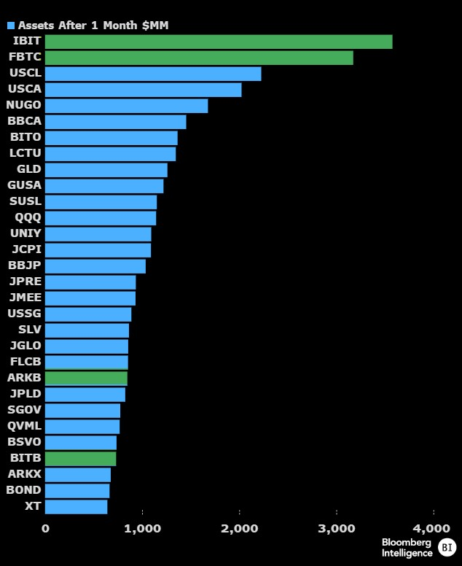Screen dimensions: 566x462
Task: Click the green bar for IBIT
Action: (x=219, y=42)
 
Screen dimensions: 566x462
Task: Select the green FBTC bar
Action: (x=199, y=58)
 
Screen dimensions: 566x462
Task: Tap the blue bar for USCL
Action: (x=153, y=74)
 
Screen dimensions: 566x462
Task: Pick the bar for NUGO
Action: (x=126, y=106)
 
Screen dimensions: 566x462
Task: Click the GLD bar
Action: (x=106, y=170)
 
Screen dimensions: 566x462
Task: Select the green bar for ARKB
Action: (x=86, y=378)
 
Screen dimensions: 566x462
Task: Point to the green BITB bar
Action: (x=80, y=458)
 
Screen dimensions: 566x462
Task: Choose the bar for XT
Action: (x=76, y=506)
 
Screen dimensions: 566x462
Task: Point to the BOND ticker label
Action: (x=23, y=490)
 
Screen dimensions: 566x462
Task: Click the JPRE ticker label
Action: (x=25, y=282)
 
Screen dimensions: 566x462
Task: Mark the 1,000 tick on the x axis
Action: (x=142, y=528)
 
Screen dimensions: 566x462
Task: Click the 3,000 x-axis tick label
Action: (x=336, y=528)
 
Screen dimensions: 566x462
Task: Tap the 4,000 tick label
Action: (x=433, y=528)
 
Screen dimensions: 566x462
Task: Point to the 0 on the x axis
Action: (x=46, y=528)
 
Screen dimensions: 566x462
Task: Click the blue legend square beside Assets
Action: (x=11, y=26)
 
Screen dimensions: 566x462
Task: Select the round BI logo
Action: (x=446, y=547)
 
